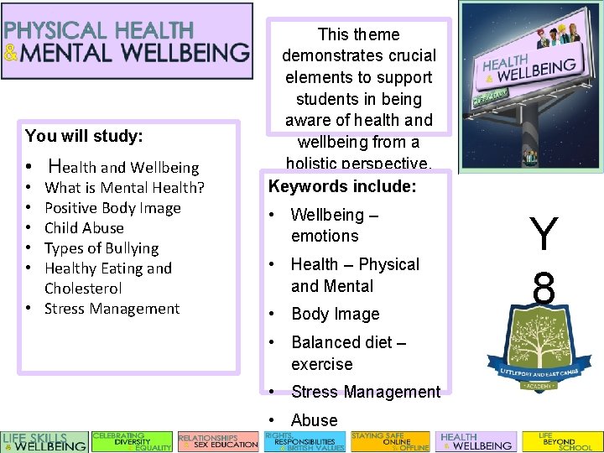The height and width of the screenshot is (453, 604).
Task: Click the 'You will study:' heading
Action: tap(84, 135)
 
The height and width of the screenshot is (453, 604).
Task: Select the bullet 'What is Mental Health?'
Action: tap(124, 187)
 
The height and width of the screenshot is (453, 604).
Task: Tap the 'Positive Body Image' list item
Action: tap(112, 207)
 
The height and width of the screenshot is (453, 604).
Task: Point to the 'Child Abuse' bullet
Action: tap(84, 227)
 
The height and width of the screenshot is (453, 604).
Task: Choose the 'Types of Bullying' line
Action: tap(101, 247)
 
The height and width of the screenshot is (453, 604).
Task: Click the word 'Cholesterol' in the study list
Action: tap(83, 288)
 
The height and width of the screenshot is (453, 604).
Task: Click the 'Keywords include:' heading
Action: tap(341, 186)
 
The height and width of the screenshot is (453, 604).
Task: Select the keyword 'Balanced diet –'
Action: tap(348, 342)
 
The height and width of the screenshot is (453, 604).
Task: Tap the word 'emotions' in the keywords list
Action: tap(325, 236)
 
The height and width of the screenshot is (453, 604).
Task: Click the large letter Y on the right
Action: tap(544, 234)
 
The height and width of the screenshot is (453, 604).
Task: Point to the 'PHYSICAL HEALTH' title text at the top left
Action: tap(99, 30)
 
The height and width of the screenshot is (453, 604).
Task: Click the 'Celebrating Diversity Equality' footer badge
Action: tap(132, 441)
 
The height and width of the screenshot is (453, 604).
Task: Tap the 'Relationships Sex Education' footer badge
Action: tap(218, 441)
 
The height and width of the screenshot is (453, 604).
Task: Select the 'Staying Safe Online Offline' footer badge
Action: tap(390, 441)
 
